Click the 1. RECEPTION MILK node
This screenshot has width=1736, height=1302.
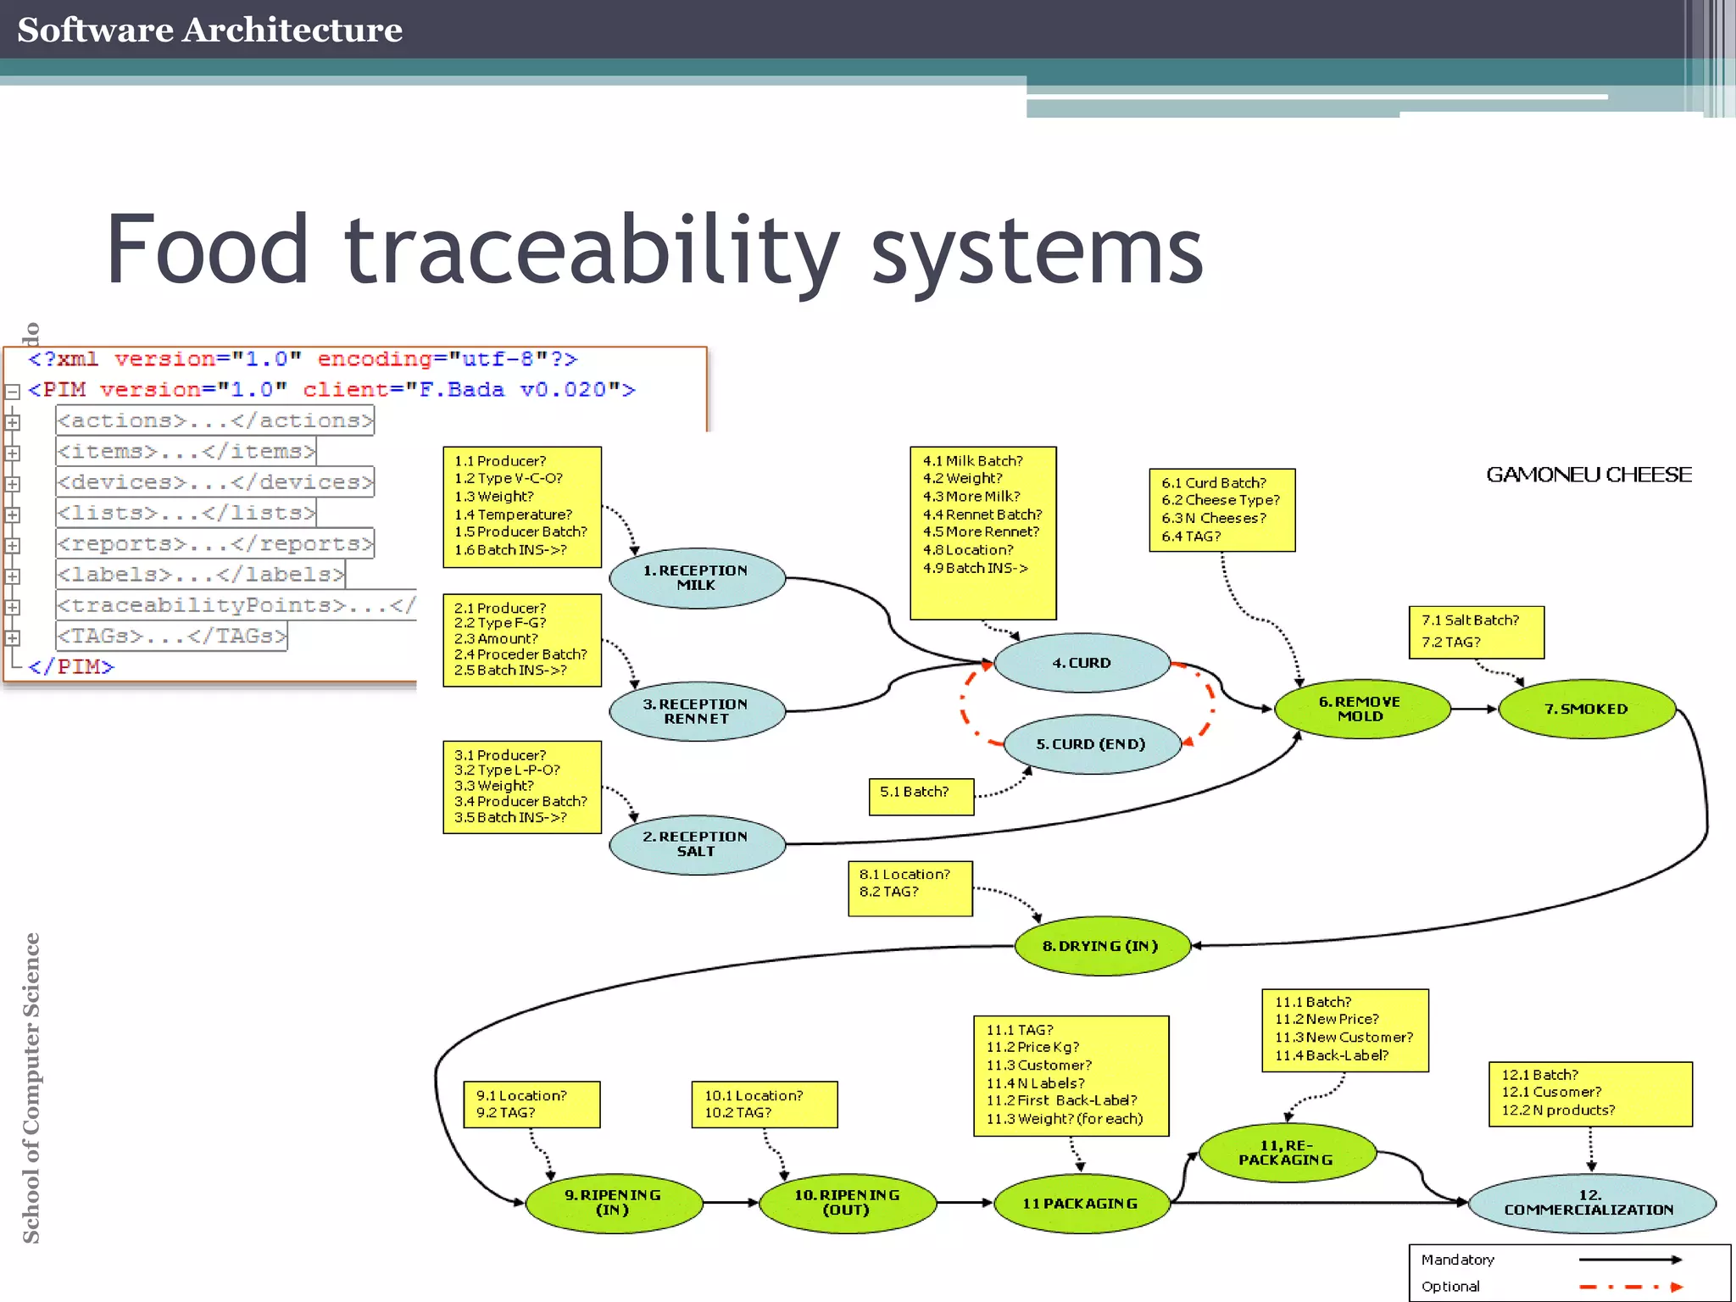coord(697,578)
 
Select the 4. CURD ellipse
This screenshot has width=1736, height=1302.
coord(1082,663)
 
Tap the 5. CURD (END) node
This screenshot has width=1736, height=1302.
coord(1091,744)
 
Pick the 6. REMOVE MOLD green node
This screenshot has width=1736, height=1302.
coord(1360,709)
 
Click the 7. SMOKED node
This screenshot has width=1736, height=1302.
coord(1586,709)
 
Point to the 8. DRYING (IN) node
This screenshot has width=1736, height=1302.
coord(1101,946)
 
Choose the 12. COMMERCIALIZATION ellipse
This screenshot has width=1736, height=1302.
coord(1589,1203)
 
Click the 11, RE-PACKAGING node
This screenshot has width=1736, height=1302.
coord(1286,1153)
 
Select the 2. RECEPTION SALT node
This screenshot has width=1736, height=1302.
coord(697,844)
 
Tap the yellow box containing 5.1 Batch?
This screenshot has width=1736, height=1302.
coord(921,796)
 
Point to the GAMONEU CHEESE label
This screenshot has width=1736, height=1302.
coord(1589,475)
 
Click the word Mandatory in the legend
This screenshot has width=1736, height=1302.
coord(1458,1260)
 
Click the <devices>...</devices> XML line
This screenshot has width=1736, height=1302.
coord(215,482)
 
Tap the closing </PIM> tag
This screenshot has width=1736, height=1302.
coord(71,667)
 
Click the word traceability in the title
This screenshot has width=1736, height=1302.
coord(592,250)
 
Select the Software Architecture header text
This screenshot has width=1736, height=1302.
coord(209,30)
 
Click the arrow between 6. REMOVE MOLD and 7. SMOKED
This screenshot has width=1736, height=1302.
coord(1474,709)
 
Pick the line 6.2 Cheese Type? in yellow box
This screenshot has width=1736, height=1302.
coord(1221,500)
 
